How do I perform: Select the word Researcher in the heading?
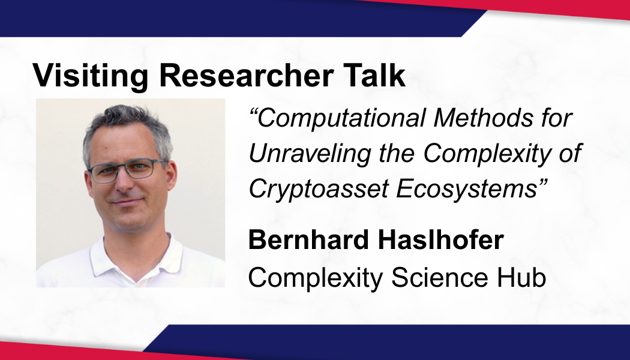tap(246, 75)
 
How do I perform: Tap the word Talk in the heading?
tap(374, 75)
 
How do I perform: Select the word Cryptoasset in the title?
tap(319, 189)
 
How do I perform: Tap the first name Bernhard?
tap(308, 240)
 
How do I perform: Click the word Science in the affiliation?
tap(440, 278)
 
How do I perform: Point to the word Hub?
tap(521, 278)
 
